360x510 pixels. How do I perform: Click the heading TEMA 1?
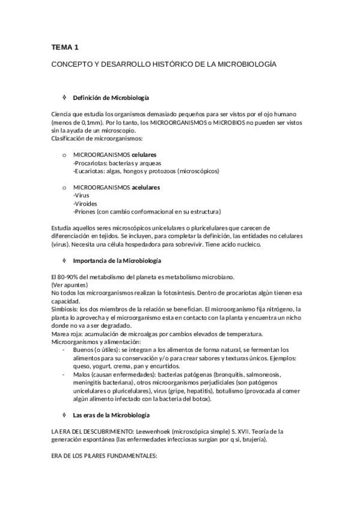[64, 47]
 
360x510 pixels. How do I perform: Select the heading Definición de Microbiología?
[111, 97]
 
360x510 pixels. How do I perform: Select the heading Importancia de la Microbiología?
[117, 260]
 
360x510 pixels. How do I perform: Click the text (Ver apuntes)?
[70, 284]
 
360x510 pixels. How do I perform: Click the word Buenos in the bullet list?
[84, 349]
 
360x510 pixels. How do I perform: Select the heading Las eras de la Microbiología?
[111, 416]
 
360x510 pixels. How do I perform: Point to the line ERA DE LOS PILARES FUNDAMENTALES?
[103, 456]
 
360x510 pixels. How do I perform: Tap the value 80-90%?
[70, 277]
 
